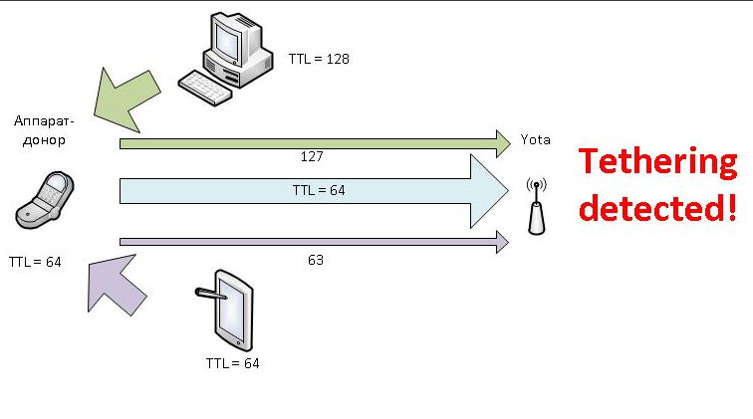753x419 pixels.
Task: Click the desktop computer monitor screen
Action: point(228,40)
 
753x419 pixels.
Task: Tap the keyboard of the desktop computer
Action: point(205,88)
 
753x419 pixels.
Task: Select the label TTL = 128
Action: point(319,59)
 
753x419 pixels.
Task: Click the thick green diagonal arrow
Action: point(125,99)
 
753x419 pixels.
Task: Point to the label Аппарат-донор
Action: point(44,130)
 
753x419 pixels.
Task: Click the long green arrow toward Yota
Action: point(315,143)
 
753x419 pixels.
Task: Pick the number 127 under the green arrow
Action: point(312,156)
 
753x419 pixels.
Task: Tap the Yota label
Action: point(536,139)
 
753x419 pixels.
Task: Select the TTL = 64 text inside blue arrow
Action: point(319,190)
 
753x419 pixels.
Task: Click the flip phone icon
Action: point(45,200)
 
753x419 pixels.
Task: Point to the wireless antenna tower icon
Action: point(537,206)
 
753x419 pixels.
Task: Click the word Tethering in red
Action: point(658,162)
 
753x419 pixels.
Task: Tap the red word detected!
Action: point(657,207)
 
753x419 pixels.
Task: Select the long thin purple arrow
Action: point(314,242)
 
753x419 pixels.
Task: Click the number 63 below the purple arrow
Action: point(316,260)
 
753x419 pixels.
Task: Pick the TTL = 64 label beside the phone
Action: point(35,262)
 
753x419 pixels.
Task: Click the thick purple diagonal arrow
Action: point(116,285)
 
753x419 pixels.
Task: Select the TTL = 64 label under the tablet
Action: point(232,363)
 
